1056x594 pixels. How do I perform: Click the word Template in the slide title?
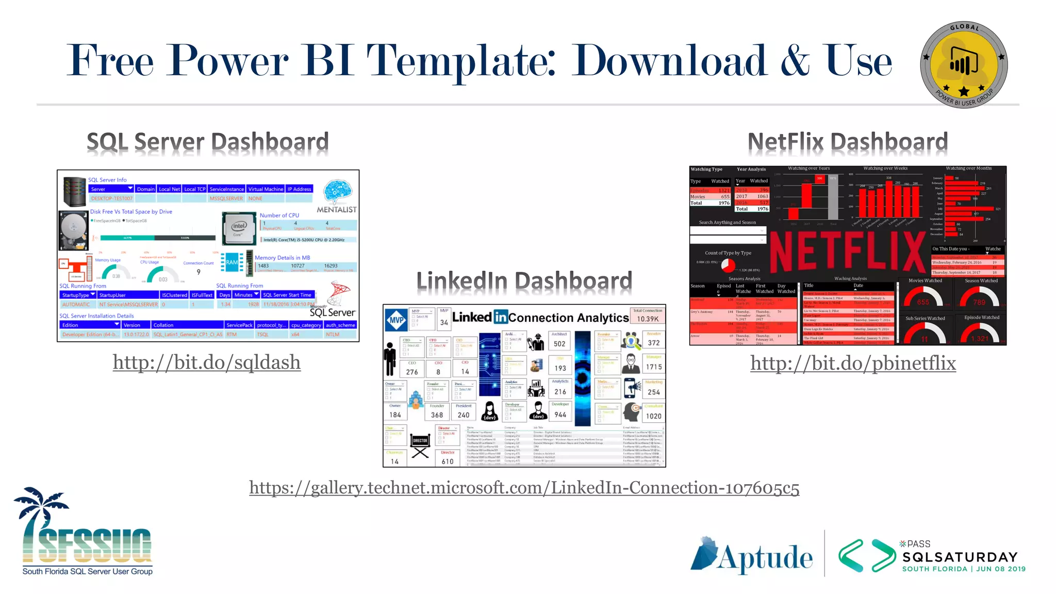pos(460,61)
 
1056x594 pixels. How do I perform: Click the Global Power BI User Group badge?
pos(963,65)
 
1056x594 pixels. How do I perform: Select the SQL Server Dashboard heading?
pos(207,142)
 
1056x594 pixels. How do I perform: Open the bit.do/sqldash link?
pos(207,362)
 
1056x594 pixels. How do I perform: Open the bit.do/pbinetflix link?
pos(853,363)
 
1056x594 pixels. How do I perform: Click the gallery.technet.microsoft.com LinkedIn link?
pos(524,487)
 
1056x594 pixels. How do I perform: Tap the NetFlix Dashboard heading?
pos(847,142)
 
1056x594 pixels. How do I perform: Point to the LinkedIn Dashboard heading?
pos(524,281)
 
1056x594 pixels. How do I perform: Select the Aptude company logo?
pos(751,556)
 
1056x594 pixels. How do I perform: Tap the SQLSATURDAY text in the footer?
pos(960,557)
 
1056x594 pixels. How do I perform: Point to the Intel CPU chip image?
pos(239,228)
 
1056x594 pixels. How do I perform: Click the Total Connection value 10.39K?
pos(648,319)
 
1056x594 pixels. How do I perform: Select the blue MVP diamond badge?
pos(397,320)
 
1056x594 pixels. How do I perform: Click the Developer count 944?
pos(560,415)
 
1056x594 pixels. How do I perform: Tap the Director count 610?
pos(448,461)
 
